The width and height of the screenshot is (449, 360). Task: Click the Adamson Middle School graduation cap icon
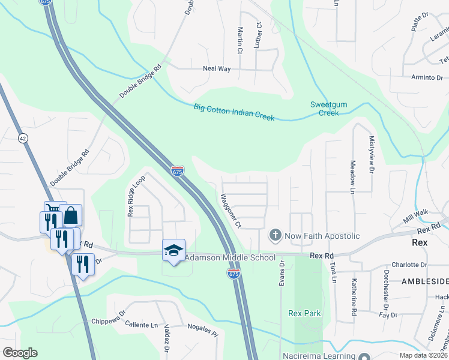tap(173, 250)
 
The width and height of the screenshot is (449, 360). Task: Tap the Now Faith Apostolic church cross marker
tap(275, 235)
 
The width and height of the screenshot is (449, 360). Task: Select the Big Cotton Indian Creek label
tap(234, 112)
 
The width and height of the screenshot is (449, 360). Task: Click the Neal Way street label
tap(217, 69)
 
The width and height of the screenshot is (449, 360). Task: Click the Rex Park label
tap(304, 313)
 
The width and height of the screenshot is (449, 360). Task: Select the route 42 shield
tap(23, 138)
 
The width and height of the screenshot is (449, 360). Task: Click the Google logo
tap(20, 352)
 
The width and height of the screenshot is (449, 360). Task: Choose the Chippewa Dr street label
tap(108, 321)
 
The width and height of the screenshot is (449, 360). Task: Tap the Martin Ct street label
tap(240, 40)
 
